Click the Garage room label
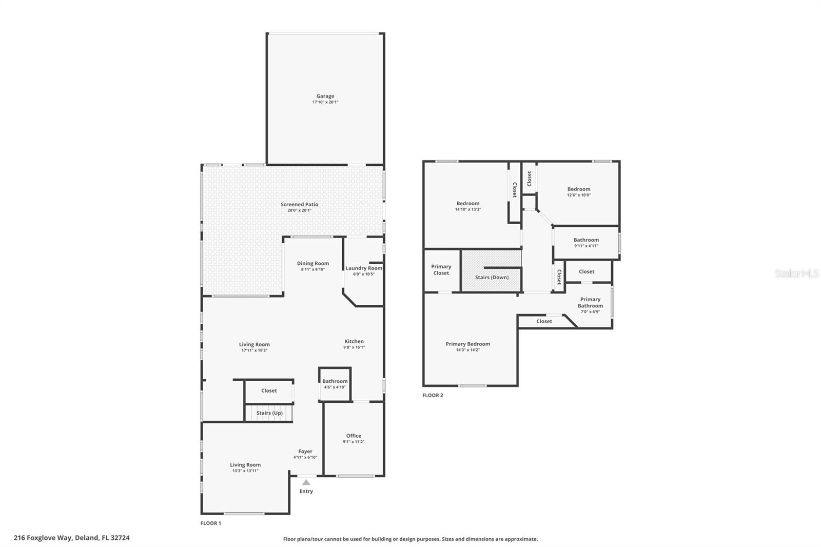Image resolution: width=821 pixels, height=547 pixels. (x=325, y=96)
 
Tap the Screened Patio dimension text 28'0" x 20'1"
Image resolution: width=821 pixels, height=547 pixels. (x=299, y=210)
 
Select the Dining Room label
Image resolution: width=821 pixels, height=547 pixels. (x=312, y=263)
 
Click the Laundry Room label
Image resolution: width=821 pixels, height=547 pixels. (x=363, y=268)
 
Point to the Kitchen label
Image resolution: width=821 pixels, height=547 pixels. (x=354, y=341)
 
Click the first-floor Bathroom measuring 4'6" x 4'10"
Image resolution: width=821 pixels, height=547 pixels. (x=335, y=381)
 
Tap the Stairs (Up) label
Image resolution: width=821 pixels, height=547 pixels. (x=269, y=413)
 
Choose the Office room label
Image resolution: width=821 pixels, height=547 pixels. (x=353, y=436)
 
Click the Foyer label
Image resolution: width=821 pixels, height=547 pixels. (x=305, y=452)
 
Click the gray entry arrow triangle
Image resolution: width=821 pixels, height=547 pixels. (x=306, y=482)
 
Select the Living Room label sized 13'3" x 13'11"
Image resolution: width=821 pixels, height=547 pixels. (x=245, y=465)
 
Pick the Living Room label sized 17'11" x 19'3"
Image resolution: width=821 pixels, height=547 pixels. (x=254, y=345)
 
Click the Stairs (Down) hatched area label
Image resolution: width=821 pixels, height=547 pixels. (x=492, y=278)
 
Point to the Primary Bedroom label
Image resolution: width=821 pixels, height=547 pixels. (x=467, y=344)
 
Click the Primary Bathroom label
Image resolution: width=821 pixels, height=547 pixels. (x=590, y=302)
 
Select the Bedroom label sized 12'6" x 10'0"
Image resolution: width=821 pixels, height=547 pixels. (x=578, y=189)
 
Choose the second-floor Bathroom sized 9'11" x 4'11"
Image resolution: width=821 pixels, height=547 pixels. (x=586, y=240)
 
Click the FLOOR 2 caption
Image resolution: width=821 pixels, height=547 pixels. (x=433, y=395)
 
